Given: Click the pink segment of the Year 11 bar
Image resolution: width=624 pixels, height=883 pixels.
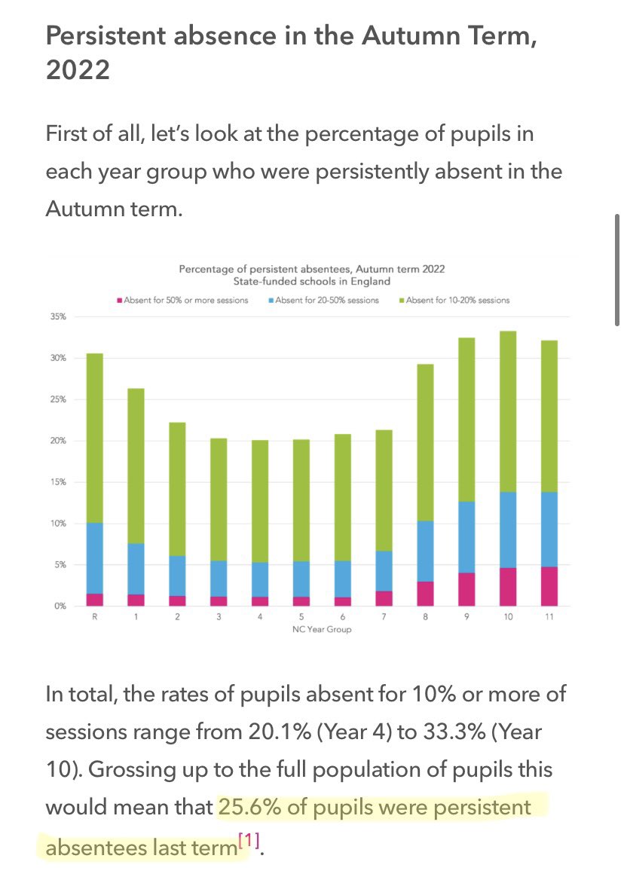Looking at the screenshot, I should click(x=549, y=586).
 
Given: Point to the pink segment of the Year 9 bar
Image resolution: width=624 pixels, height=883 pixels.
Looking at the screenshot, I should click(x=466, y=589).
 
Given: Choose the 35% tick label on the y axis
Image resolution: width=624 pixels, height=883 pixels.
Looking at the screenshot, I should click(x=58, y=317).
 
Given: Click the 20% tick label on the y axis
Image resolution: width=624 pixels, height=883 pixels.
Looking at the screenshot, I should click(x=58, y=441).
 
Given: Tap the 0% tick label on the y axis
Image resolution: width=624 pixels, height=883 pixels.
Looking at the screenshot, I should click(x=60, y=606).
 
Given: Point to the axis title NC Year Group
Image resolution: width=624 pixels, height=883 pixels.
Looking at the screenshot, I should click(x=322, y=630).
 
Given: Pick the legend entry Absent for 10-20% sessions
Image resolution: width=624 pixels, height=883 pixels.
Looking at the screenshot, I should click(x=457, y=301).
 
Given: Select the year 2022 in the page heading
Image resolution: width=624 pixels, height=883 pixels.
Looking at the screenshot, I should click(x=78, y=70).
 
